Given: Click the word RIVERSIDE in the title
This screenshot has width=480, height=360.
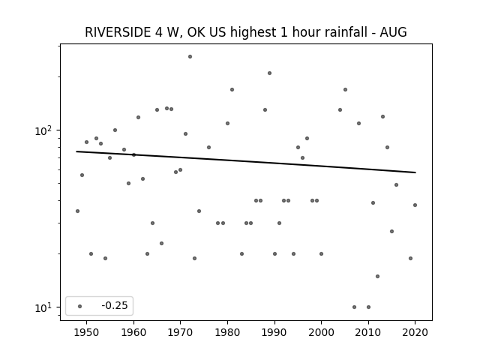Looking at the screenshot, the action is click(118, 32).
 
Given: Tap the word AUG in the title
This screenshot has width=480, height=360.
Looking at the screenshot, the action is click(393, 32).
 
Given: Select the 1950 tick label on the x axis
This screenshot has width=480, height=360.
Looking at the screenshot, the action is click(87, 332).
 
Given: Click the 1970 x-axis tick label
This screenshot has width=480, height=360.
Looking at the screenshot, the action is click(180, 332).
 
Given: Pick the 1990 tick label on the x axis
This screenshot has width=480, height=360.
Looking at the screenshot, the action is click(274, 332).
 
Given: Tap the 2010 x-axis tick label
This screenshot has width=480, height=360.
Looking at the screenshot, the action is click(368, 332).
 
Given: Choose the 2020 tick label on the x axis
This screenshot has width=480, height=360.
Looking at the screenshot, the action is click(415, 332).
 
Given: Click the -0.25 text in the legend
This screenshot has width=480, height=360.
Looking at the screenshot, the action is click(115, 305).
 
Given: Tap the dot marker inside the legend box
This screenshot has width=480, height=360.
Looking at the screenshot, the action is click(80, 306).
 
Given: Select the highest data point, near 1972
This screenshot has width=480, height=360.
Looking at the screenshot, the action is click(190, 57).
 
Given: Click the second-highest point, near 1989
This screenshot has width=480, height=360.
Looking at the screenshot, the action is click(270, 73).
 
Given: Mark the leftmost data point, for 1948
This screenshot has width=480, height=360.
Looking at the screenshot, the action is click(77, 211).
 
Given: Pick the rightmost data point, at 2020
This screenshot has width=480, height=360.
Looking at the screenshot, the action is click(415, 205).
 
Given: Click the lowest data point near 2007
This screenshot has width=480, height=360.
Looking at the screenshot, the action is click(354, 307).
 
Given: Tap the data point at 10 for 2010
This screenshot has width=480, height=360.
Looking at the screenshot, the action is click(368, 307).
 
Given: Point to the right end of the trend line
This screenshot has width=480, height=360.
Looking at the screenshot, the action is click(415, 172).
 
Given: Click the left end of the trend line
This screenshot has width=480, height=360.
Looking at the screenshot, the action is click(76, 151).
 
